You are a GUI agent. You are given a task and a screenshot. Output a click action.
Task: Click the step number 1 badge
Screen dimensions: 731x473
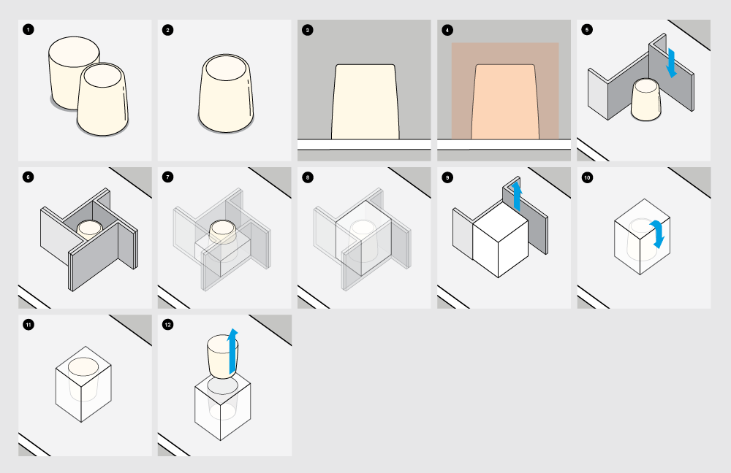click(x=28, y=30)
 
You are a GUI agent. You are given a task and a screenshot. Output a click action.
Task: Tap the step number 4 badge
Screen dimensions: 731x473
click(x=447, y=30)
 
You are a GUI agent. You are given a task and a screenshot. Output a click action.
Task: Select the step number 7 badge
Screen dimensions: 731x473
click(x=168, y=177)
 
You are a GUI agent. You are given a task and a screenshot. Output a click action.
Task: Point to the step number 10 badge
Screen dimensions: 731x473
click(x=587, y=177)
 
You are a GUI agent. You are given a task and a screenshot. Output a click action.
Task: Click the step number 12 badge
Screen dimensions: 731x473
click(x=168, y=325)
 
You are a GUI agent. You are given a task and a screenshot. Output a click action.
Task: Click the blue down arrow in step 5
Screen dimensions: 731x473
click(x=671, y=63)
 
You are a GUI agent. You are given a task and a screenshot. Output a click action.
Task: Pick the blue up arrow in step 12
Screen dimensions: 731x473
click(x=232, y=352)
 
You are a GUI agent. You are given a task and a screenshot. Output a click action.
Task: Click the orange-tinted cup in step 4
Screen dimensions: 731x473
click(x=505, y=101)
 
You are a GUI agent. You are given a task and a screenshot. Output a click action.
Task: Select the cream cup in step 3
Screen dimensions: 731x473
click(x=365, y=101)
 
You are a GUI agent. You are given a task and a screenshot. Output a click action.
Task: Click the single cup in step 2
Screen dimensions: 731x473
click(x=226, y=93)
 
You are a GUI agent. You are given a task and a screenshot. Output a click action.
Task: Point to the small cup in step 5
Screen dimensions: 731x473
click(x=645, y=99)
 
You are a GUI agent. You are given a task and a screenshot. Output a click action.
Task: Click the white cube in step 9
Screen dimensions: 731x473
click(x=500, y=239)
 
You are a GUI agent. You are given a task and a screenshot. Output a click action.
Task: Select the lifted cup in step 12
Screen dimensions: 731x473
click(x=221, y=356)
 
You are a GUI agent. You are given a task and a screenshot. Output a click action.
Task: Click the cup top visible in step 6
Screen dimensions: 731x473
click(x=89, y=228)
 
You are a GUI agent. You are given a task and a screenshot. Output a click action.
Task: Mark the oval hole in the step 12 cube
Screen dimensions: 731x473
click(x=222, y=386)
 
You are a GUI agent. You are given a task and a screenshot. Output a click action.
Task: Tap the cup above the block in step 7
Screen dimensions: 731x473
click(x=223, y=232)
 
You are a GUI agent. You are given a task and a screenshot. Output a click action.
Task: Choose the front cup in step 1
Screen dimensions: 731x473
click(x=102, y=99)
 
